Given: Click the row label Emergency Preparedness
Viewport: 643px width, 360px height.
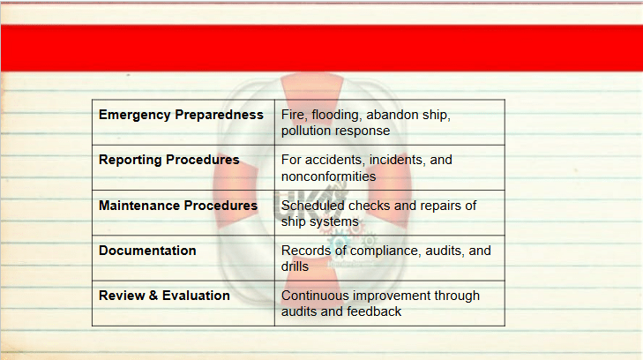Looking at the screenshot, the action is point(181,116).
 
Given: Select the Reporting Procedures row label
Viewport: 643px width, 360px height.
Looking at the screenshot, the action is point(169,160).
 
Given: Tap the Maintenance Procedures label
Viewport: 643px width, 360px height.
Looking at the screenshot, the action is point(178,206).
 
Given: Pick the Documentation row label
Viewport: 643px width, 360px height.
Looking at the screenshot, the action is point(147,251).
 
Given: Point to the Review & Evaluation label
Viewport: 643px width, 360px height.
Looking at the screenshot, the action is point(164,296).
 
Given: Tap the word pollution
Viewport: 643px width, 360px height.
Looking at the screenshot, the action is point(302,131).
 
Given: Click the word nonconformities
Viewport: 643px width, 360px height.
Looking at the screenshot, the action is point(328,176).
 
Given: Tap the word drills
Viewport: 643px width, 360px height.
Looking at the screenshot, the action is point(295,266).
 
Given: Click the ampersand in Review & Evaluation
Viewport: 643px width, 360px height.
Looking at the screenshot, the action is point(153,296).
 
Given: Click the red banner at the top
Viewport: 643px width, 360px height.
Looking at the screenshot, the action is point(321,48).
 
